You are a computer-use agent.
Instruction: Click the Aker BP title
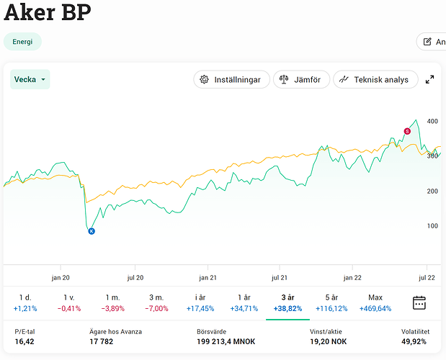(x=48, y=13)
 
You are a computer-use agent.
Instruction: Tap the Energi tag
(x=22, y=42)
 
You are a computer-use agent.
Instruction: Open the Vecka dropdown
(x=30, y=79)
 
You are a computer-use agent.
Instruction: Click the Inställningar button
(x=231, y=79)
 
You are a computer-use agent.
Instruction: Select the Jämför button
(x=301, y=79)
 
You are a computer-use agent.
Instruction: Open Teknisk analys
(x=375, y=79)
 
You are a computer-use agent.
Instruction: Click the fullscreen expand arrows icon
(x=430, y=79)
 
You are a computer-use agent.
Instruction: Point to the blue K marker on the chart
(x=92, y=230)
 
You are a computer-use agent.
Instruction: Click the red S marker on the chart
(x=407, y=131)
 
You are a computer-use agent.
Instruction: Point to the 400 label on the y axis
(x=432, y=121)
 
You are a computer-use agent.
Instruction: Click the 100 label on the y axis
(x=432, y=226)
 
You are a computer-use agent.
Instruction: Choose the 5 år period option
(x=331, y=302)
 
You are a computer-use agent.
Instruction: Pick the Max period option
(x=375, y=302)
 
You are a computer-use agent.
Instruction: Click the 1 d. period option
(x=24, y=302)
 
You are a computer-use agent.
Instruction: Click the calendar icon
(x=419, y=302)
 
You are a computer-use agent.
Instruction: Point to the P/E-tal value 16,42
(x=24, y=342)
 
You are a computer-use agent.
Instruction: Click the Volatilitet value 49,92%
(x=416, y=342)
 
